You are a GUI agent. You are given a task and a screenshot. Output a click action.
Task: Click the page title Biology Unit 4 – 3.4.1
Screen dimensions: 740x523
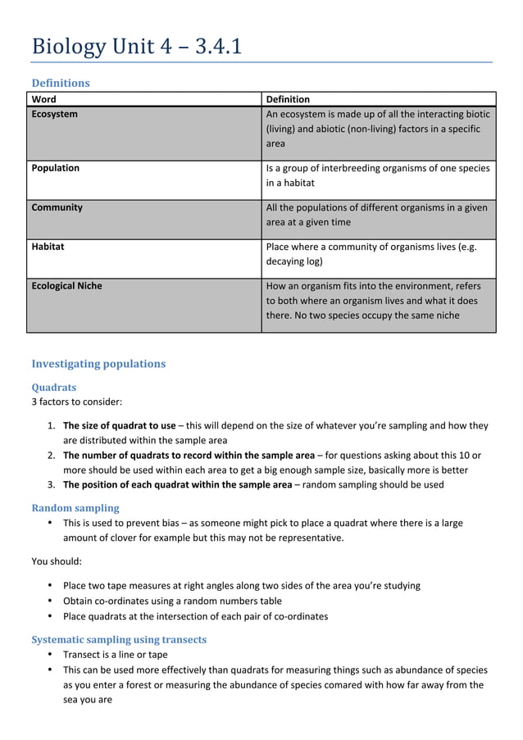click(136, 47)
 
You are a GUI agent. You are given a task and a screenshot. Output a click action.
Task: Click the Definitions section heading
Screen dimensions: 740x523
click(61, 83)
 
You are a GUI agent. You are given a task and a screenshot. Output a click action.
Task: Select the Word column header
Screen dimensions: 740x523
click(44, 99)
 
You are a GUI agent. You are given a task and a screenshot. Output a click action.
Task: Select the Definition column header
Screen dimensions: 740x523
click(288, 99)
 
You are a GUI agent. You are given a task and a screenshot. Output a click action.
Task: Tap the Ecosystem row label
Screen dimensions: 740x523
click(55, 114)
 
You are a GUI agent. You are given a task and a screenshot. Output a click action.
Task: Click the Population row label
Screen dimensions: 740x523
click(56, 168)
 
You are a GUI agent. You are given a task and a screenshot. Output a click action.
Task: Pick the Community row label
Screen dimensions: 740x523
click(57, 207)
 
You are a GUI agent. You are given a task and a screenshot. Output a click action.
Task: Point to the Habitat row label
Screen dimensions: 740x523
click(48, 246)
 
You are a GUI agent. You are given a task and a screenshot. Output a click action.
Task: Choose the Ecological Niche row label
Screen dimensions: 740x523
click(67, 286)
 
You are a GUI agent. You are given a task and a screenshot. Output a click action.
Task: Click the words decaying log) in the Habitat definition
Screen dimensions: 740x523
click(294, 261)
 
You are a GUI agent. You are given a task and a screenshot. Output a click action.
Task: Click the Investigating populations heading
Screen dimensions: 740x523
click(98, 364)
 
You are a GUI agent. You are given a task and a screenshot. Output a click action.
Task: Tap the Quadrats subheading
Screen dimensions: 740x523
click(54, 388)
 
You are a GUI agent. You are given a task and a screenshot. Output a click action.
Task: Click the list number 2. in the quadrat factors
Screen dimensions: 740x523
click(51, 456)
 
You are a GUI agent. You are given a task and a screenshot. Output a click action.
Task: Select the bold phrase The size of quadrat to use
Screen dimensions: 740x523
click(120, 425)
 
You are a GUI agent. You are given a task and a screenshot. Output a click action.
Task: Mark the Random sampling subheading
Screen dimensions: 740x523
click(75, 508)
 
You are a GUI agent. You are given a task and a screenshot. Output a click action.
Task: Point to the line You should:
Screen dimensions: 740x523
click(57, 561)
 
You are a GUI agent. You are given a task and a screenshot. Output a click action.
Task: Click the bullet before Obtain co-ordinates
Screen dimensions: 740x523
click(51, 602)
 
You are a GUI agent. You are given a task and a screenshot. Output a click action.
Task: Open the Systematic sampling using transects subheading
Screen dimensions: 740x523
click(119, 639)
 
